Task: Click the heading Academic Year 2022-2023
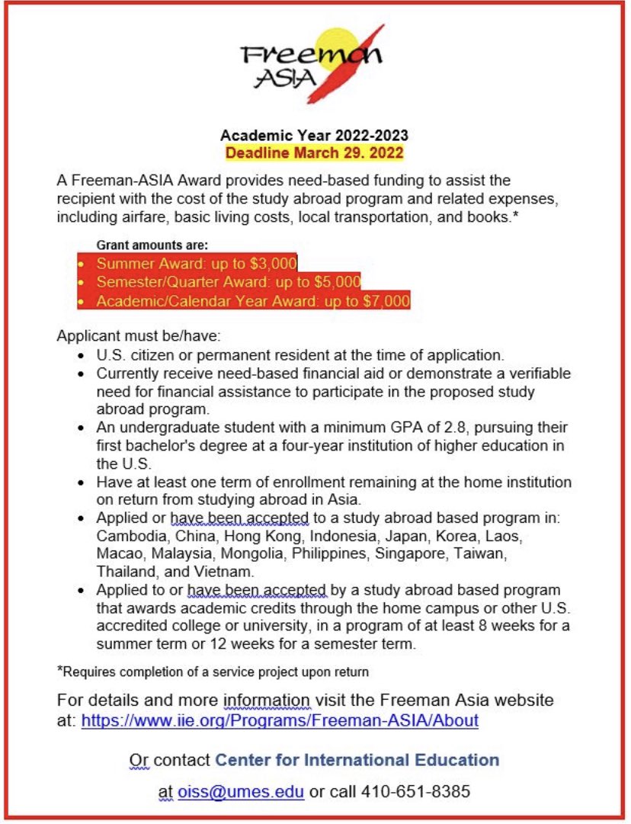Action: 314,136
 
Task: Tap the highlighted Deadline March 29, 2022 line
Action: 314,152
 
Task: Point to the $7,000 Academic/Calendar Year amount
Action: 386,300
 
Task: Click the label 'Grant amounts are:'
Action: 152,245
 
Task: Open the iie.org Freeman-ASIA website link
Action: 280,720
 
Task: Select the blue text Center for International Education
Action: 357,760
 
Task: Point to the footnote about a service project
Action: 213,672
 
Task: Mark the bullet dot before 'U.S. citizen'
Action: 82,356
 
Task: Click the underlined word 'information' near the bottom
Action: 266,701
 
